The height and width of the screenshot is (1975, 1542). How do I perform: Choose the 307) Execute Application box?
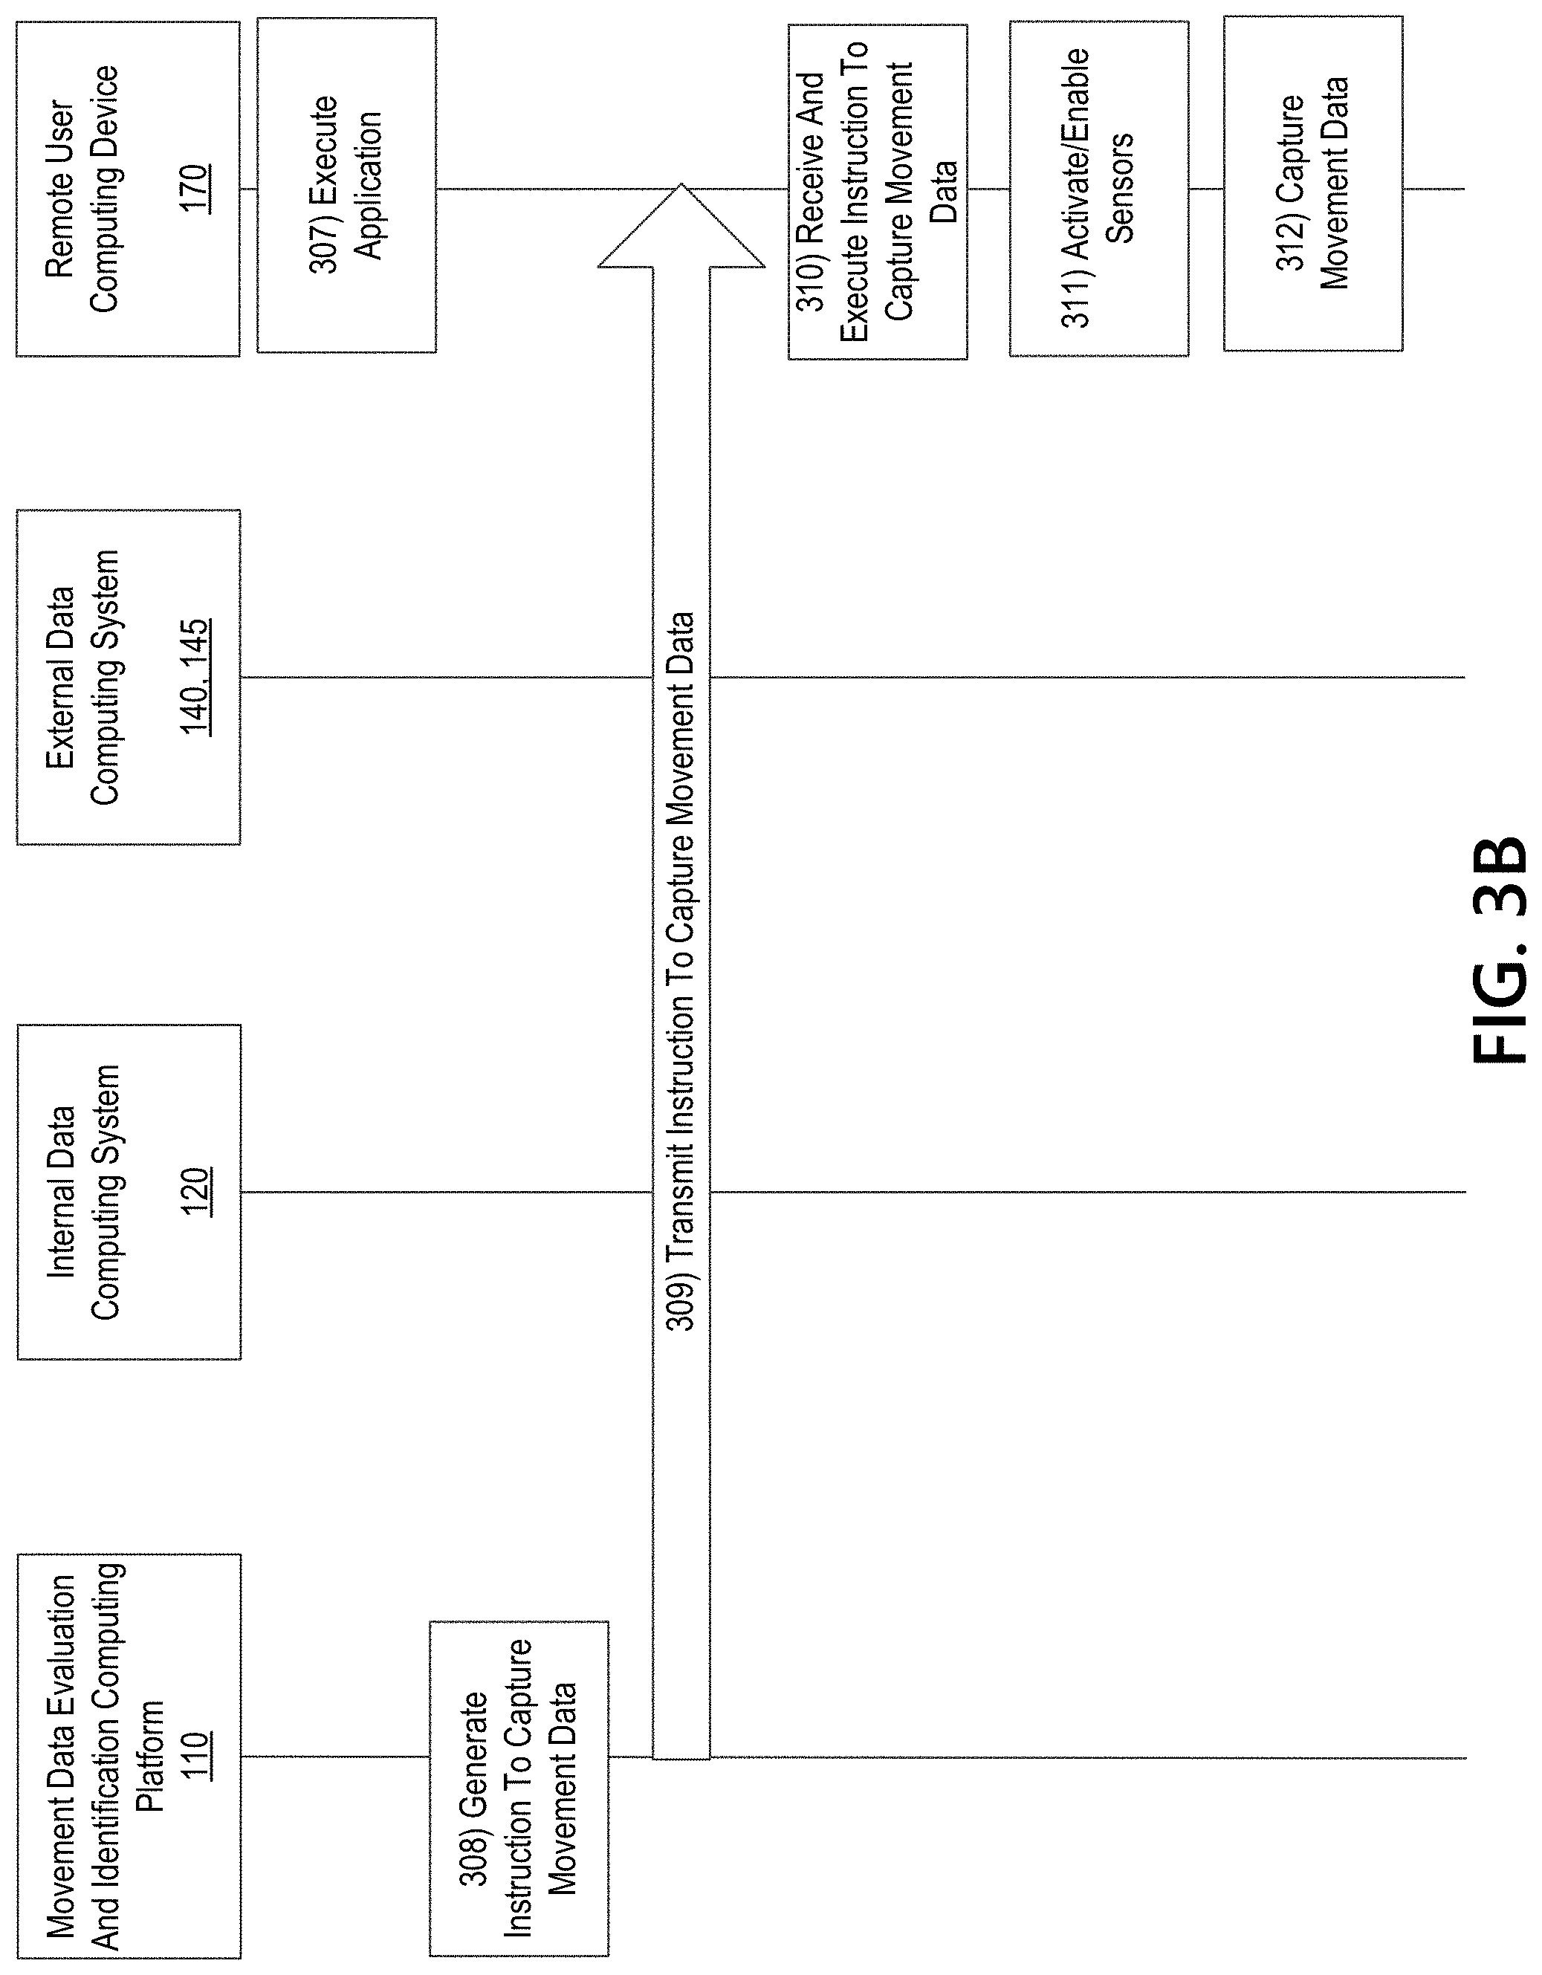[346, 184]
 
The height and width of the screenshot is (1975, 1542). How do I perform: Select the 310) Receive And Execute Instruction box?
[877, 192]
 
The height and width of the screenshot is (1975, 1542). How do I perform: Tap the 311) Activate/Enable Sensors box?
[1099, 189]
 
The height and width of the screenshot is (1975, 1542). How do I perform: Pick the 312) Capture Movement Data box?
[1313, 184]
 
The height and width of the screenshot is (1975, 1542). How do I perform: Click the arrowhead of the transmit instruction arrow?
[681, 184]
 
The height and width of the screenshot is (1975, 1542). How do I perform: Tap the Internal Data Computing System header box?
[129, 1192]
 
